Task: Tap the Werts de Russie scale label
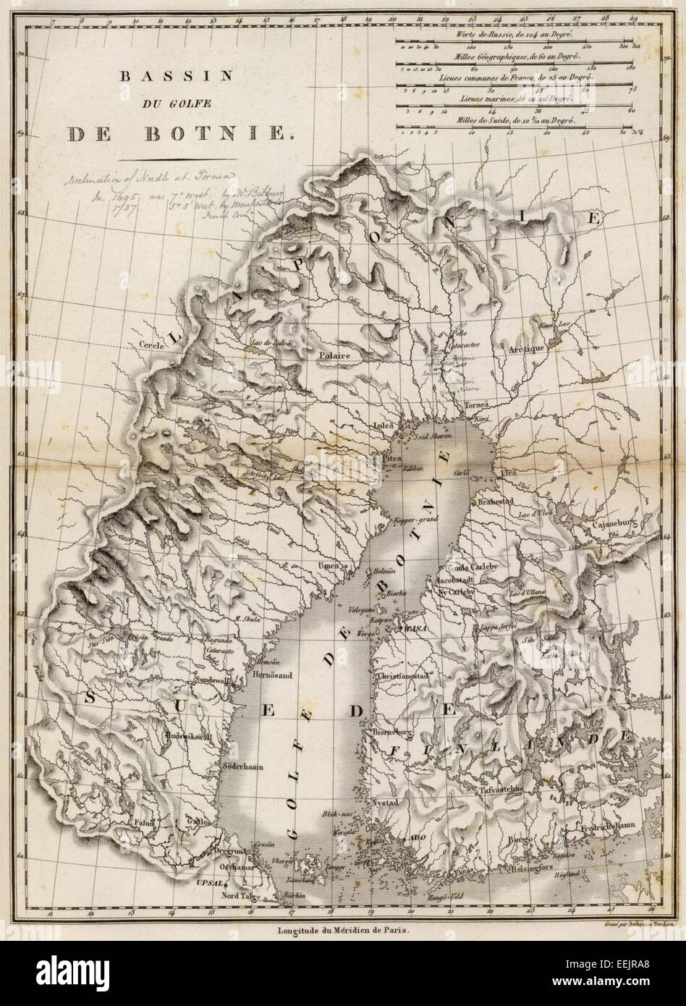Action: [x=516, y=35]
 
